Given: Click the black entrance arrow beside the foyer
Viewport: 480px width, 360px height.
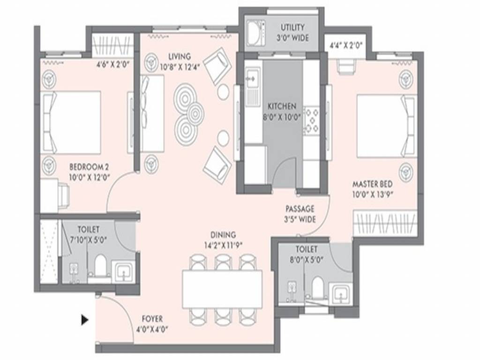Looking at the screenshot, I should (84, 320).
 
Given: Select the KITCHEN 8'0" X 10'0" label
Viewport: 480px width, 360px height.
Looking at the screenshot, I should (281, 112).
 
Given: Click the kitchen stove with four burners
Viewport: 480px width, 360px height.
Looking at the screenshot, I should (311, 120).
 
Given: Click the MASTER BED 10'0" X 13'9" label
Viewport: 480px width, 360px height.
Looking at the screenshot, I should (373, 189).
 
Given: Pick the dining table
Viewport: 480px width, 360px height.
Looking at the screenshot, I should (222, 289).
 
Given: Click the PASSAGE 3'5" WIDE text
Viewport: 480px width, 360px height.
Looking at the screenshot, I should (300, 214).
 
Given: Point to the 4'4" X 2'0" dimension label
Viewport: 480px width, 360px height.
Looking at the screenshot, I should (345, 46).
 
